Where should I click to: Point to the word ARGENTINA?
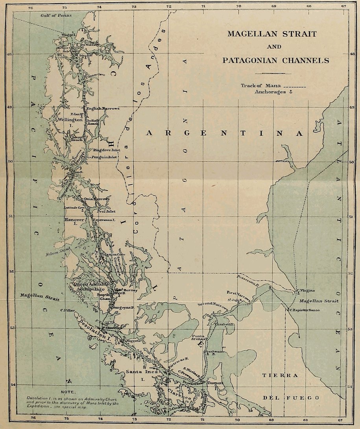[x=225, y=133]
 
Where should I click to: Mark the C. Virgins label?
[x=306, y=290]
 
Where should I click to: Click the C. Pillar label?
[x=68, y=310]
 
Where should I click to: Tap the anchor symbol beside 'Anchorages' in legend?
[x=292, y=92]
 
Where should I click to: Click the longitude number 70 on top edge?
[x=238, y=6]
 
